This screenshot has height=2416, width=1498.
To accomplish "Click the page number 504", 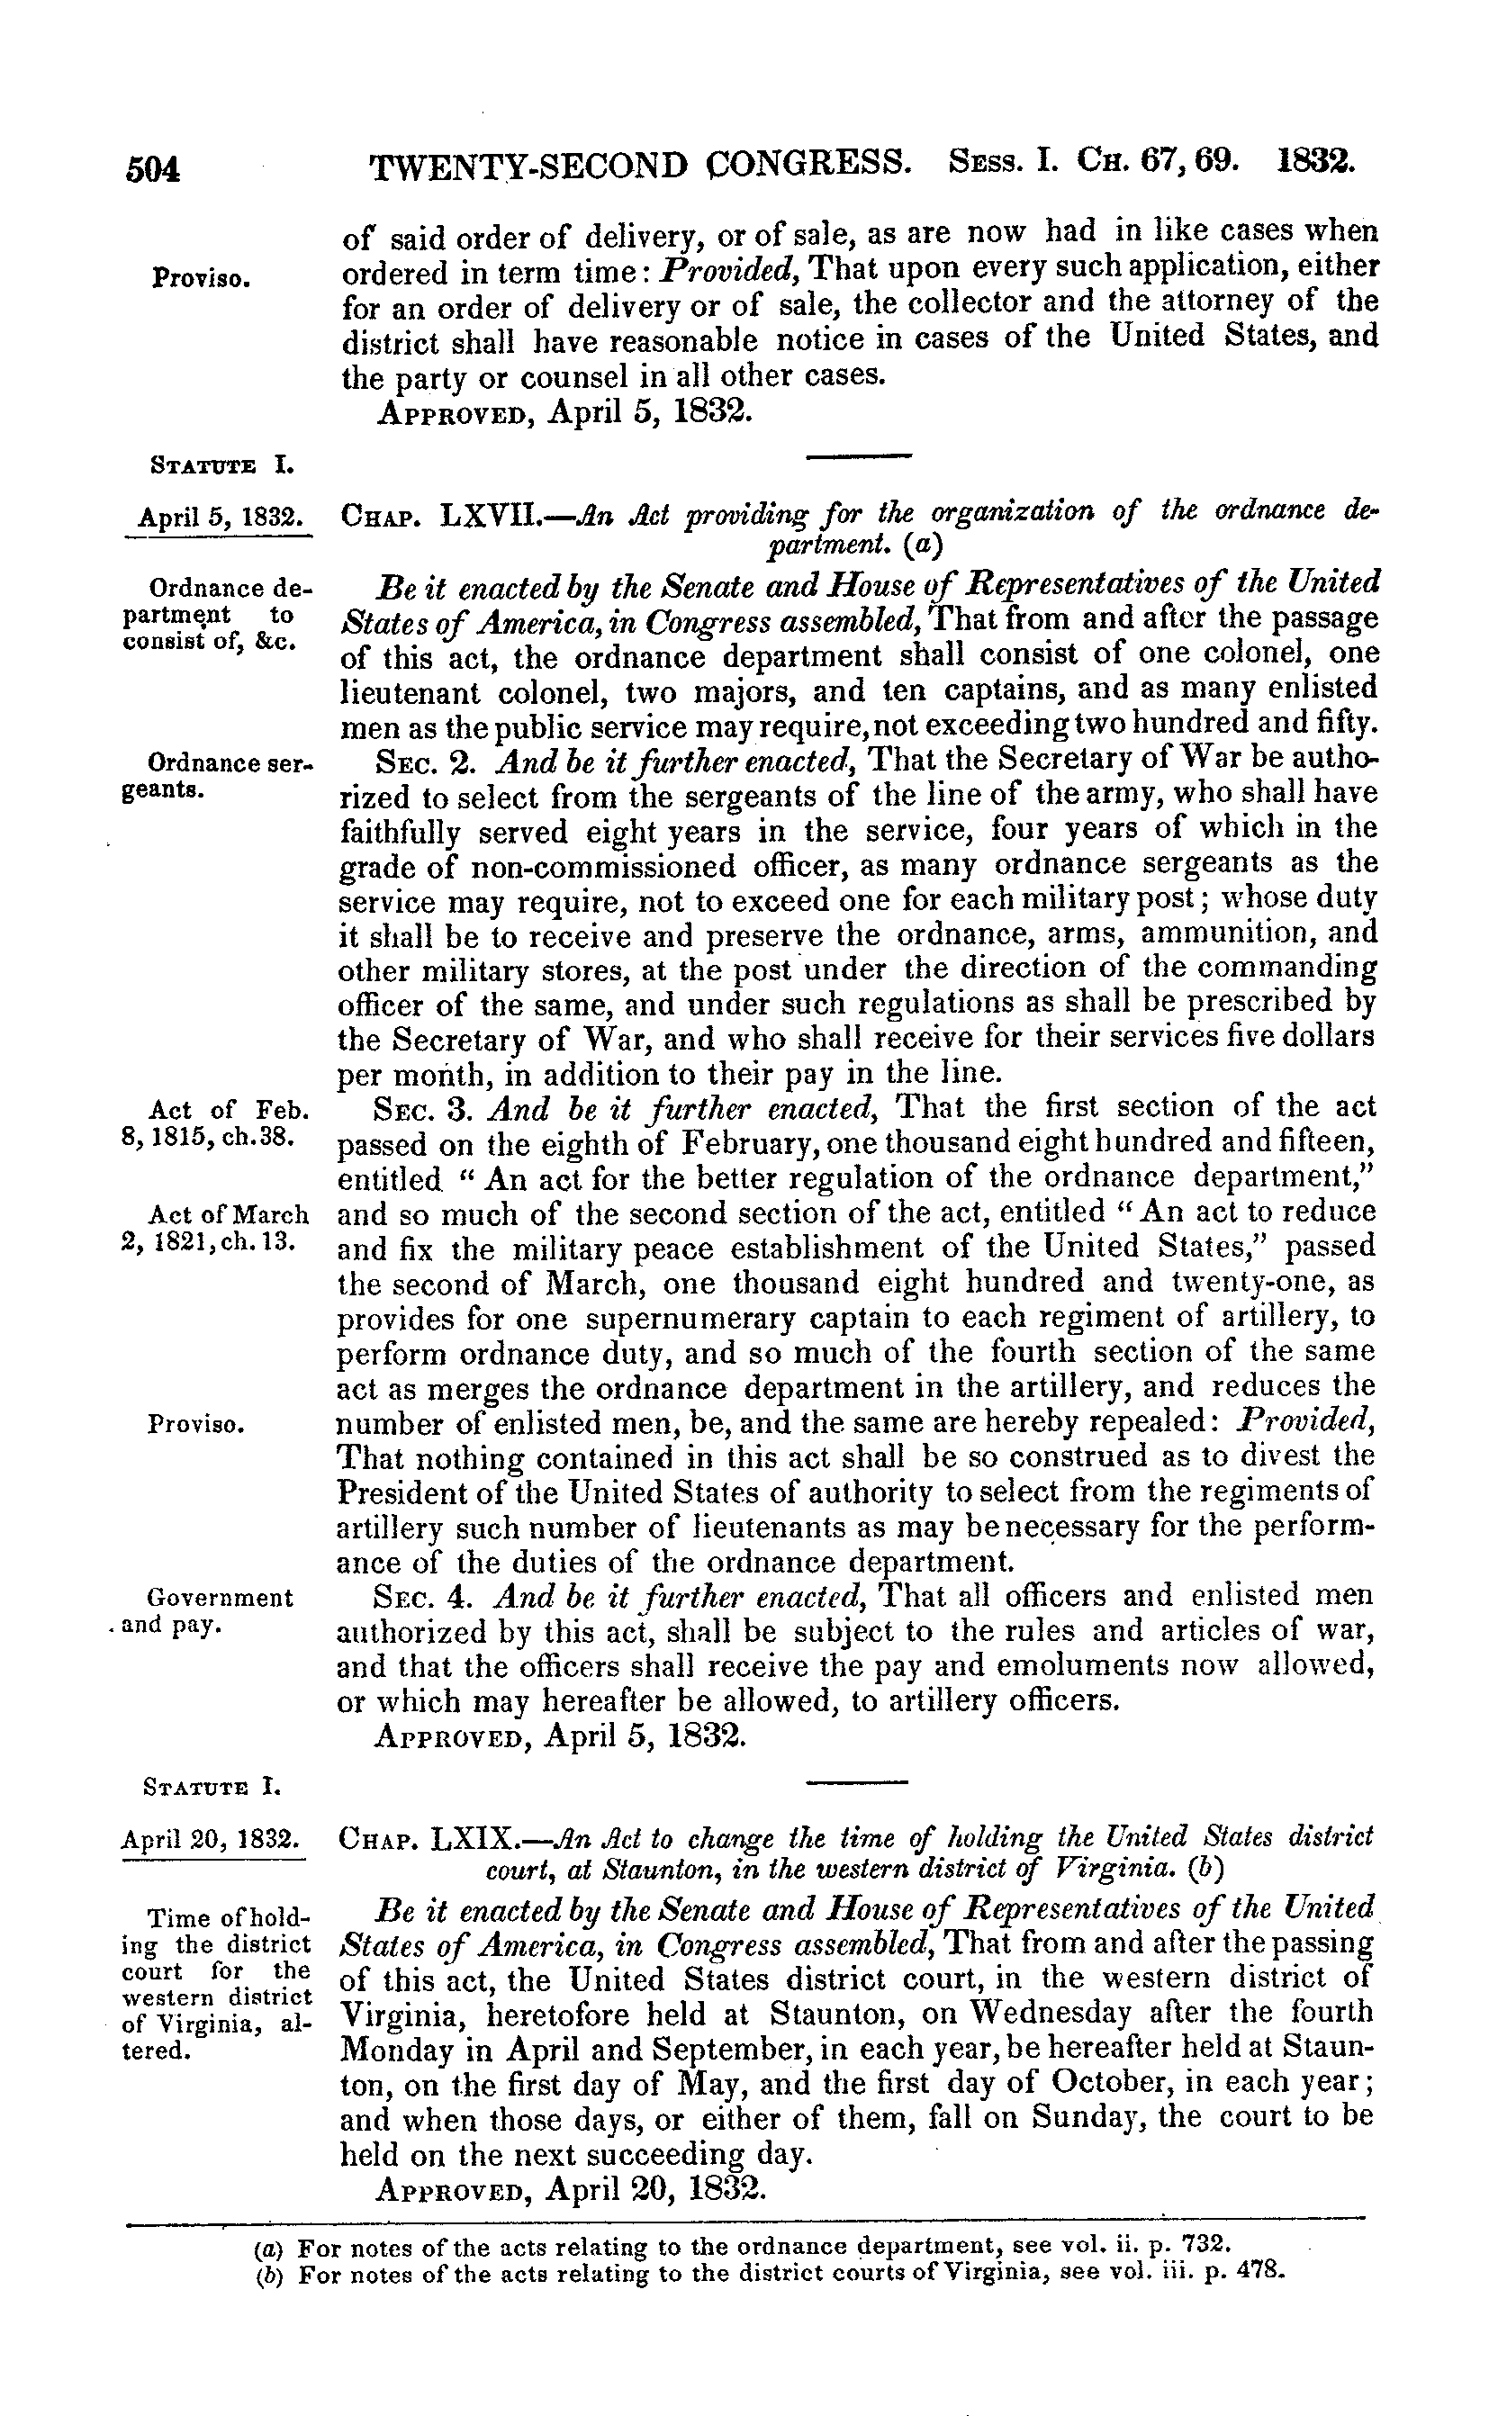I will point(152,169).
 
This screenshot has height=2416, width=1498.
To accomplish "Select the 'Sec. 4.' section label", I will point(427,1598).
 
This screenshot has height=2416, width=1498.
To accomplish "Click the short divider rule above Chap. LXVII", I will point(858,456).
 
